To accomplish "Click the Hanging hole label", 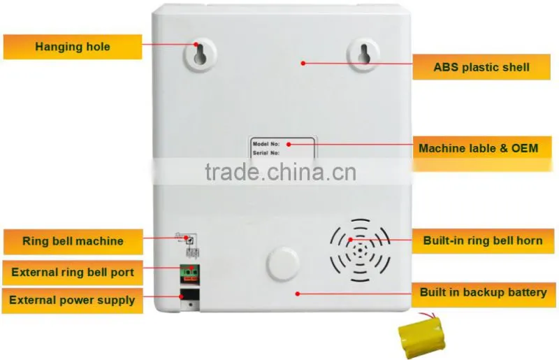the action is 73,47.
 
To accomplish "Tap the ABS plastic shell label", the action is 481,67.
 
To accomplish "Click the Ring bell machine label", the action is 73,241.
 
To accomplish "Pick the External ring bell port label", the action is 73,272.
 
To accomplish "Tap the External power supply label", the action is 73,301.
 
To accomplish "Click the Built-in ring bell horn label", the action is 483,240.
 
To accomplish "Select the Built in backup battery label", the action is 484,293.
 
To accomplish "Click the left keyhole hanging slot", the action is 200,54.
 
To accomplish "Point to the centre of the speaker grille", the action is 360,250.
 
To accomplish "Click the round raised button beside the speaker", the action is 282,264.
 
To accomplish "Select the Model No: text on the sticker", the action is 266,144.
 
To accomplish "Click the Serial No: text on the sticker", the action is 266,153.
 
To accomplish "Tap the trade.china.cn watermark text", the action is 281,172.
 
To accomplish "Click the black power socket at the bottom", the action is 189,294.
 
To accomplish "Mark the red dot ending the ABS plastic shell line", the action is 303,63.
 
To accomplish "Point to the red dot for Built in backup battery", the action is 298,294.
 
